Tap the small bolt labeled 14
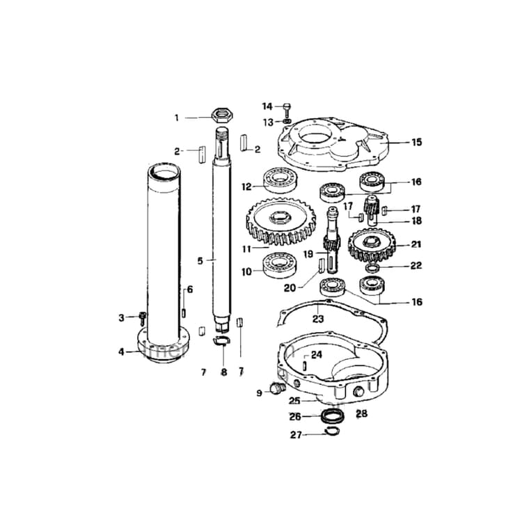[x=287, y=107]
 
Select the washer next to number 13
[x=287, y=122]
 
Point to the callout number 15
[x=416, y=143]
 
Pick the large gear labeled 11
[x=276, y=224]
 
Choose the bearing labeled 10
[x=280, y=264]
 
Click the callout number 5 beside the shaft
[x=200, y=261]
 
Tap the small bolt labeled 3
[x=142, y=317]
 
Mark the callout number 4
[x=120, y=351]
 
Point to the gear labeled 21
[x=372, y=245]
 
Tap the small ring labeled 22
[x=373, y=269]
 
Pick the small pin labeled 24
[x=305, y=365]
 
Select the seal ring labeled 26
[x=333, y=417]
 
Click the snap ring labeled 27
[x=333, y=432]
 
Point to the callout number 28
[x=361, y=414]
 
